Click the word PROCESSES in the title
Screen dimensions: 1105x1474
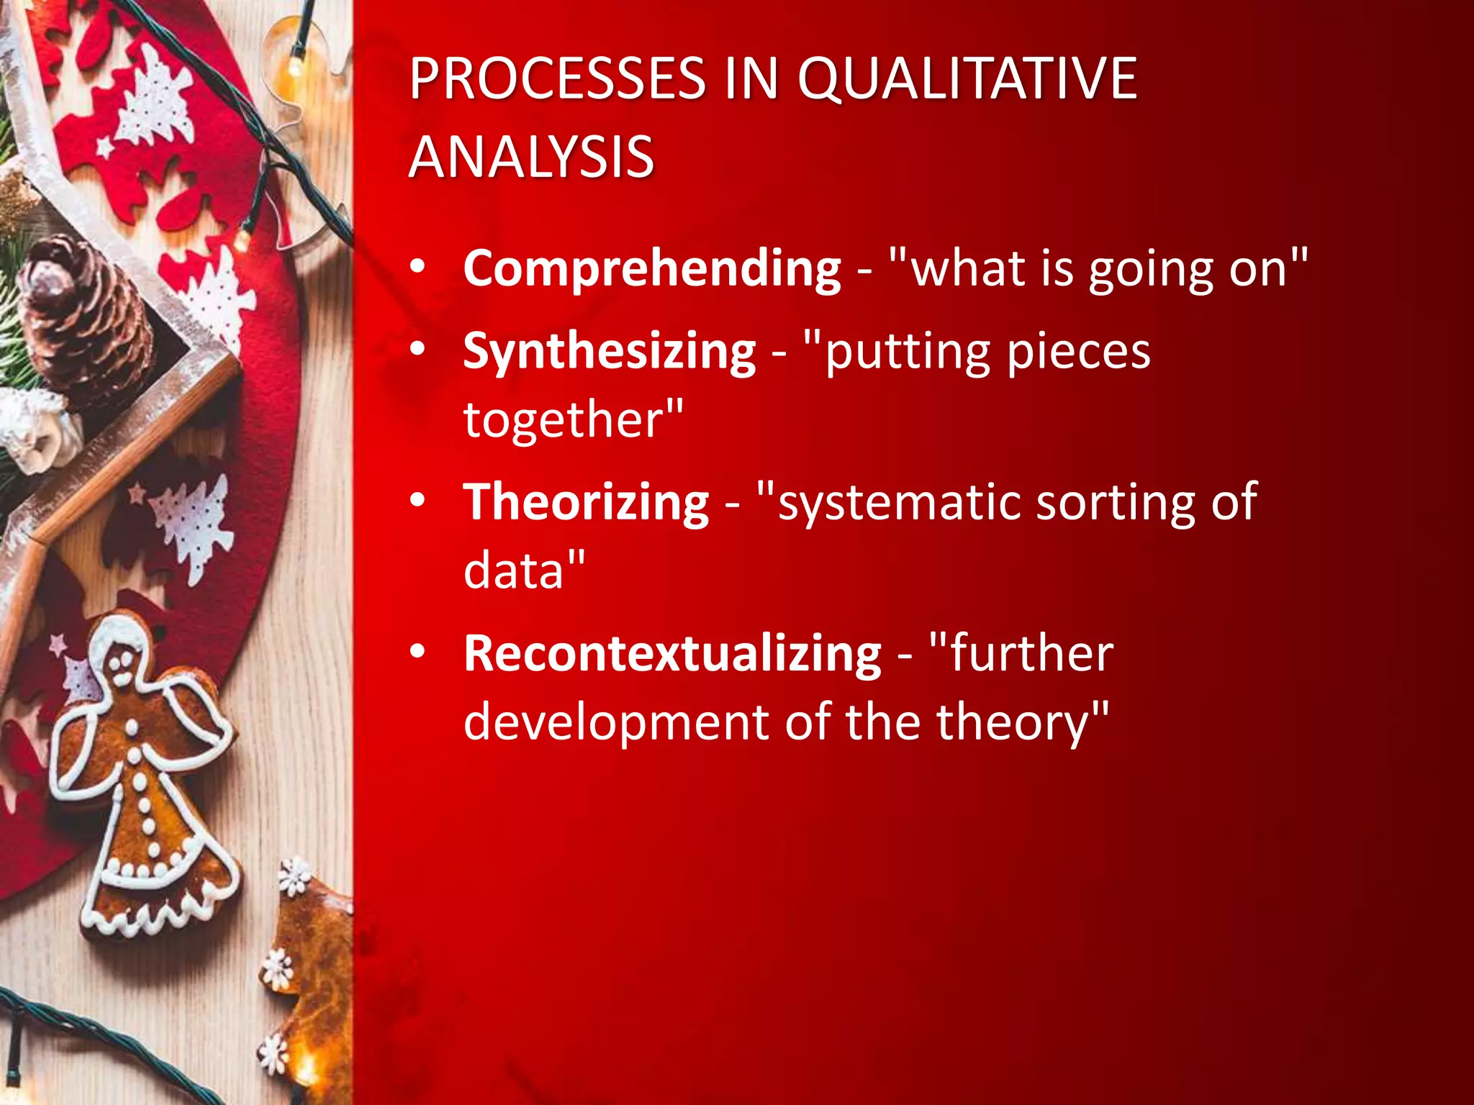(557, 78)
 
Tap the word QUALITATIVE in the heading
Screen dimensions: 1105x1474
(967, 78)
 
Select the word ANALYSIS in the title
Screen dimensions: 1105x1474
(531, 157)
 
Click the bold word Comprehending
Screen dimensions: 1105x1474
(652, 269)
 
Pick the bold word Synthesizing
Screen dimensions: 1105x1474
(609, 352)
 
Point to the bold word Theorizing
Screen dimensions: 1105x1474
(586, 502)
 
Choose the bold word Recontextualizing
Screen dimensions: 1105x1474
(672, 654)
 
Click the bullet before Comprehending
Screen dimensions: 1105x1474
(418, 268)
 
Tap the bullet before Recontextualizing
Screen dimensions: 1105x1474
(418, 652)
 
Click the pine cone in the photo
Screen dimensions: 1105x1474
(83, 313)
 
